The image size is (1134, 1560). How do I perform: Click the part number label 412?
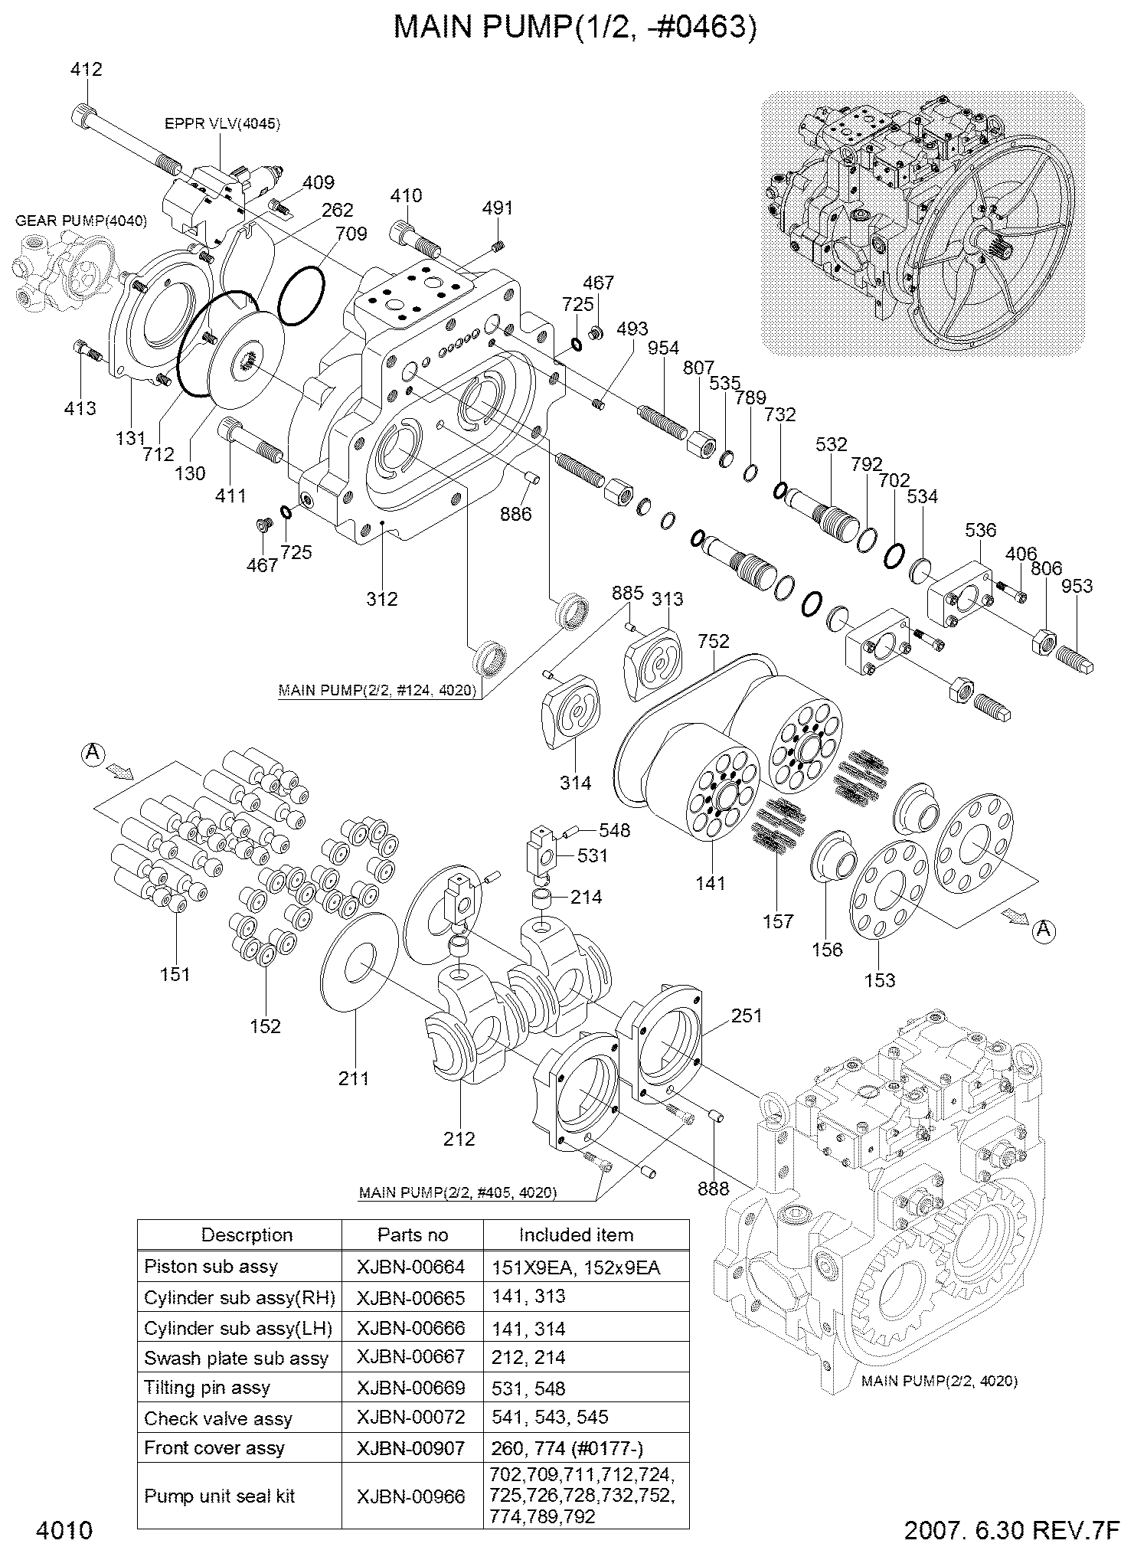[86, 70]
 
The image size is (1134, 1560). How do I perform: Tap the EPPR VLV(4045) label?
[222, 123]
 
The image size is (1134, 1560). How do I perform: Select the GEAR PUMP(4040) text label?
[81, 221]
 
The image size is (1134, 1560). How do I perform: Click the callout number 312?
[381, 599]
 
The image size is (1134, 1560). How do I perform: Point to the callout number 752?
[714, 641]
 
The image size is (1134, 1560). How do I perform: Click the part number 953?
[1077, 587]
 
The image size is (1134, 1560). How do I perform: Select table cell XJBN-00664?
[411, 1267]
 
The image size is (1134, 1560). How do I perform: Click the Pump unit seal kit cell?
[220, 1496]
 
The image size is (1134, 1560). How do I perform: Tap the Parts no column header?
[412, 1235]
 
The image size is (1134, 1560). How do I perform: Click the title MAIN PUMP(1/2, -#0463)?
[574, 28]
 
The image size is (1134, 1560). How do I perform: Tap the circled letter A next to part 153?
[1043, 930]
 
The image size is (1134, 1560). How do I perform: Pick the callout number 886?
[515, 514]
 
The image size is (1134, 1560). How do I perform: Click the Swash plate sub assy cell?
[236, 1359]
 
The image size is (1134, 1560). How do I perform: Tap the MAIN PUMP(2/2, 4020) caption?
[939, 1381]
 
